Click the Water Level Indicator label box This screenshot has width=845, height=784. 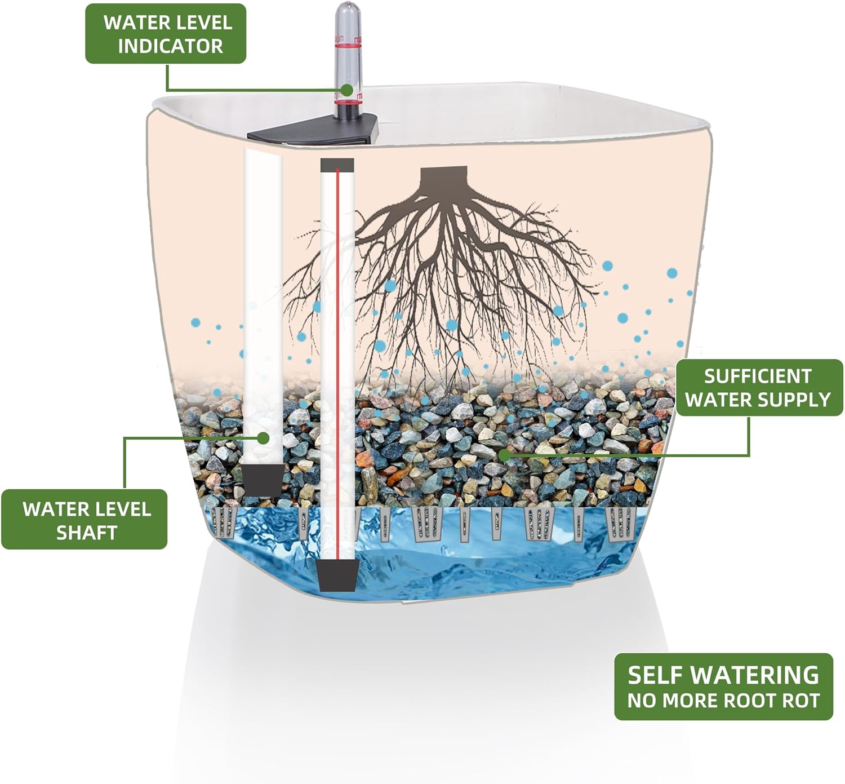coord(166,34)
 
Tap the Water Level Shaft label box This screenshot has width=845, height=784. coord(84,519)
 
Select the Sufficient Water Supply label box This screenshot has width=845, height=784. coord(758,388)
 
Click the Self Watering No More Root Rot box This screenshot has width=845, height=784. coord(723,686)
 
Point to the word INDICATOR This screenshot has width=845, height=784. coord(170,46)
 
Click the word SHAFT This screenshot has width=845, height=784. coord(86,533)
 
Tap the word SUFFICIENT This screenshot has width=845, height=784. coord(758,376)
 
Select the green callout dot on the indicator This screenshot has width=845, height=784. coord(347,90)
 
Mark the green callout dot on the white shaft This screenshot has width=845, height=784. coord(263,437)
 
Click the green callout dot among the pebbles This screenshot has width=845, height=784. coord(504,454)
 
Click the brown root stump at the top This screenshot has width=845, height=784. coord(444,176)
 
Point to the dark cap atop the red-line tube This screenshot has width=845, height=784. coord(337,165)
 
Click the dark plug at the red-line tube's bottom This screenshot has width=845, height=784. coord(337,575)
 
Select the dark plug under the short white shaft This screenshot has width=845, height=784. coord(263,479)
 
